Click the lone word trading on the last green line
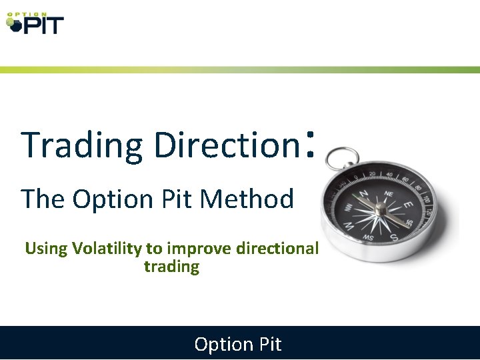171,267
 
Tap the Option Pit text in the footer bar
238,344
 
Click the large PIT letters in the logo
43,26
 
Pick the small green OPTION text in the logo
27,14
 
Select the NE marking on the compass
389,193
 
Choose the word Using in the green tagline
46,249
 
